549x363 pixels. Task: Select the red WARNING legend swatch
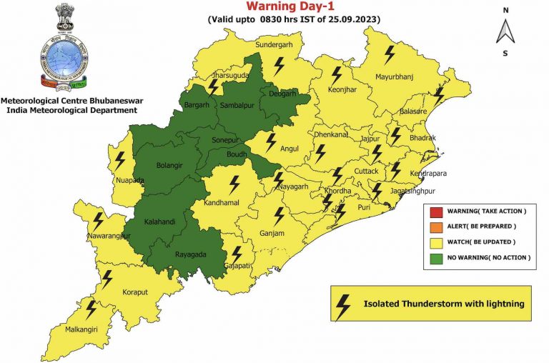[435, 212]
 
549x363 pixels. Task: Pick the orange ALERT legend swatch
[435, 227]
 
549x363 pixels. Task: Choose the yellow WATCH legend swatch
[435, 242]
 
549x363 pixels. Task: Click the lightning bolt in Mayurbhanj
[390, 54]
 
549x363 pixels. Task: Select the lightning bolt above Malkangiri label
[91, 309]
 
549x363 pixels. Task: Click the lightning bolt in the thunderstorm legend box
[343, 305]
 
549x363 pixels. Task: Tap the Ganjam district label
[272, 234]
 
